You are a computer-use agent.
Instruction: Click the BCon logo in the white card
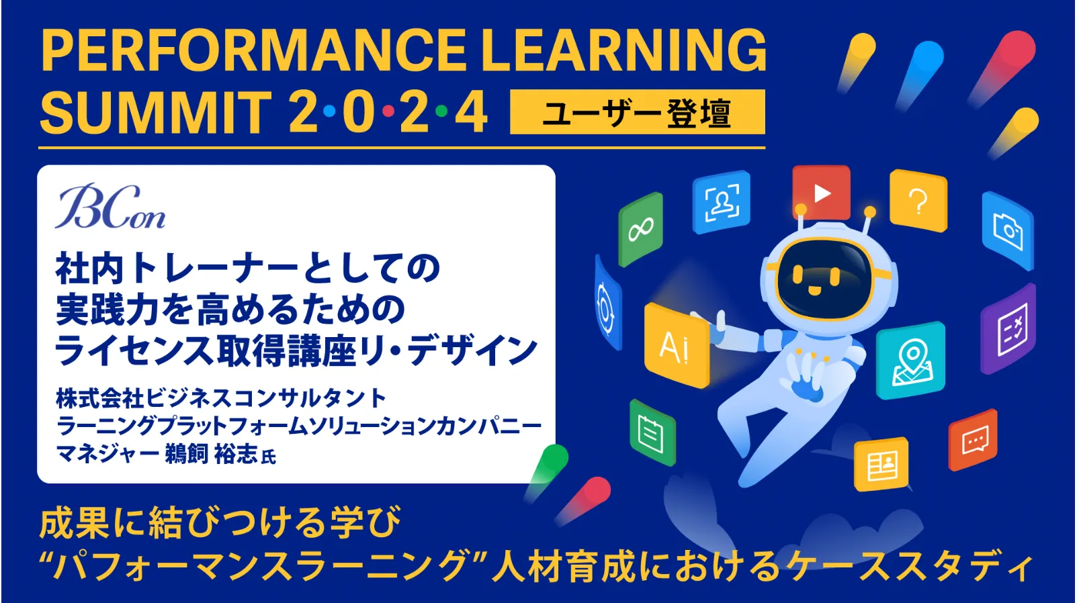[110, 206]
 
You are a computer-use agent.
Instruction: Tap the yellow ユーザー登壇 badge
[638, 112]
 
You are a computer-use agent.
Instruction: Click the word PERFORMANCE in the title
[254, 50]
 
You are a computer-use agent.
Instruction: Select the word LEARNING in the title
[624, 50]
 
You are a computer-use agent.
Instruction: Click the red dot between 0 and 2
[388, 111]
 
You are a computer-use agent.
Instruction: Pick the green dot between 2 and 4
[441, 111]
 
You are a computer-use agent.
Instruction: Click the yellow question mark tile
[918, 201]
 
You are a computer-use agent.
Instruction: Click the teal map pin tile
[910, 361]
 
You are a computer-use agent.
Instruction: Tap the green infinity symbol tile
[640, 230]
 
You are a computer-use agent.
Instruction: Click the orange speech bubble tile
[973, 440]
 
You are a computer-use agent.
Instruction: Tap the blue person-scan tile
[721, 202]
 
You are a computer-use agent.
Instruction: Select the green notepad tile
[652, 432]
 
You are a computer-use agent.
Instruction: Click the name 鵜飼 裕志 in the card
[211, 454]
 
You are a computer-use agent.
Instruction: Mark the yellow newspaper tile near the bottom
[881, 465]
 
